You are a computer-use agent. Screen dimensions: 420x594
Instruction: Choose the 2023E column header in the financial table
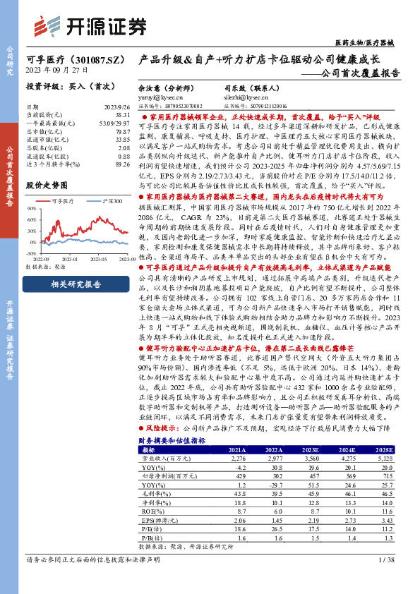point(309,449)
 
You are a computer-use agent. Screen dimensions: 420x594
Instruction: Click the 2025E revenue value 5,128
point(385,459)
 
